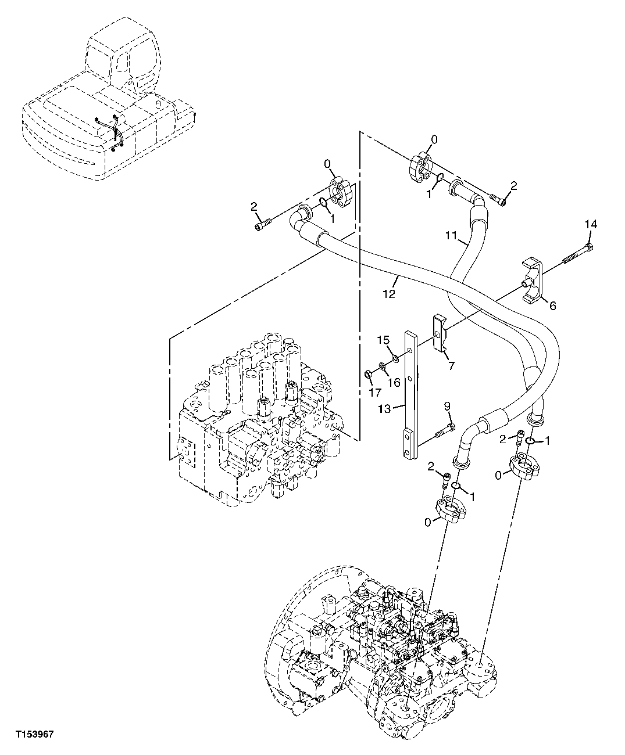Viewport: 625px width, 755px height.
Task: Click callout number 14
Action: pos(590,224)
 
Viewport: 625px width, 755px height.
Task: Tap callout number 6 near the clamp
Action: pos(552,304)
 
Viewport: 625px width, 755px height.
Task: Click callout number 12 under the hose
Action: pos(389,294)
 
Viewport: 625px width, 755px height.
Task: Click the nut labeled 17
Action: pos(369,372)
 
